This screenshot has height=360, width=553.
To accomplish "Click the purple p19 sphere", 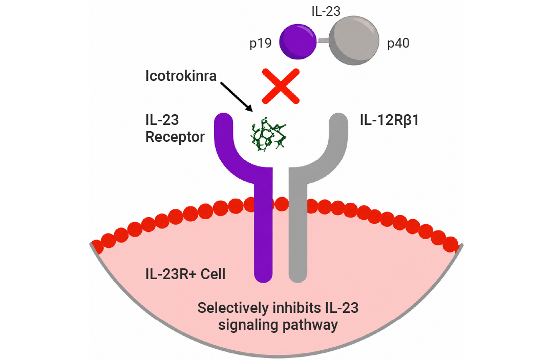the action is coord(297,41).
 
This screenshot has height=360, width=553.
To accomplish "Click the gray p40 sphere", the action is coord(354,40).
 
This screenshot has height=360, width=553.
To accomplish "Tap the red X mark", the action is coord(281,87).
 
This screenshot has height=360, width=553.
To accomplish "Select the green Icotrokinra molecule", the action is coord(269,135).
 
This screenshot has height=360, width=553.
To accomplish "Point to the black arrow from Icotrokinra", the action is coord(237,97).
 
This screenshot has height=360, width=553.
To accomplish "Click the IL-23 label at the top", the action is coord(326,11).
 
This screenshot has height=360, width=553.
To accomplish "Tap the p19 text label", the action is coord(260,44).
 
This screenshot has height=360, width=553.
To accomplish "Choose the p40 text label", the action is coord(398,44).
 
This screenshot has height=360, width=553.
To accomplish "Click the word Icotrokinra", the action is coord(181,76).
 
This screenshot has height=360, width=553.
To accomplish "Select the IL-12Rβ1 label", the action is coord(389,120).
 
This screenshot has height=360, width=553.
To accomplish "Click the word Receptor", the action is coord(175,137).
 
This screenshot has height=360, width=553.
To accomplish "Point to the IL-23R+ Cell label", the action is coord(185,274).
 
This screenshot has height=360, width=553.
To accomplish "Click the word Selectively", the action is coord(233,308).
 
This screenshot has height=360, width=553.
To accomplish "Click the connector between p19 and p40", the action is coord(323,41).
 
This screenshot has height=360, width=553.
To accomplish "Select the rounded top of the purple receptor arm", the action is coord(224,118).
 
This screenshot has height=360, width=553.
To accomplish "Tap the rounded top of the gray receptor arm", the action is coord(338,118).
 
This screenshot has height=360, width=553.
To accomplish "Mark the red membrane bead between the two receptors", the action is coord(281,204).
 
